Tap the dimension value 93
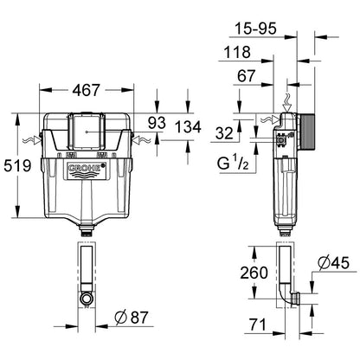(157, 124)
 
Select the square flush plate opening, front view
(88, 132)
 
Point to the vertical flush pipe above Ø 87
(87, 268)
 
